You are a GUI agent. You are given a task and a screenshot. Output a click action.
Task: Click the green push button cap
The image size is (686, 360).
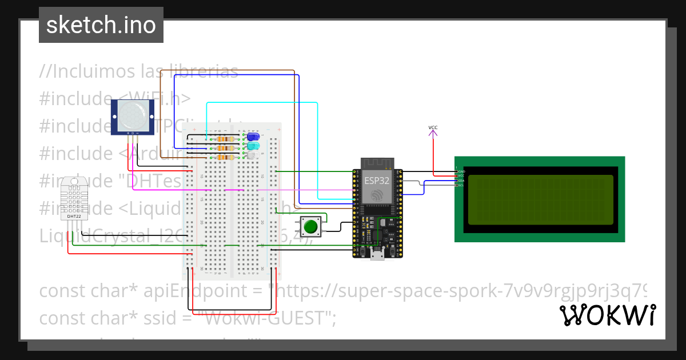point(310,226)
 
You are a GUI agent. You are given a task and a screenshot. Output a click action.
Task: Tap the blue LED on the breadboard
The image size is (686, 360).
point(252,138)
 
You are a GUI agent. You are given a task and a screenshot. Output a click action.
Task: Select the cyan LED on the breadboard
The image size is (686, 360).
point(252,146)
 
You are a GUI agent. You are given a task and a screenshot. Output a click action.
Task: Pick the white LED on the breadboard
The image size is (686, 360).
point(252,155)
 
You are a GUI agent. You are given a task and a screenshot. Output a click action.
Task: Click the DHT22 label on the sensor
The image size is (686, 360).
point(74,217)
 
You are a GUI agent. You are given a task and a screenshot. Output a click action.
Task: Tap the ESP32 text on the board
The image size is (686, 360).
point(377,180)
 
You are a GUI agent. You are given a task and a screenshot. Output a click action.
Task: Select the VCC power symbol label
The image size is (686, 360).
point(433,127)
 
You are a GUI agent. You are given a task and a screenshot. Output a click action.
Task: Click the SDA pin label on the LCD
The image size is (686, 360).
point(460,181)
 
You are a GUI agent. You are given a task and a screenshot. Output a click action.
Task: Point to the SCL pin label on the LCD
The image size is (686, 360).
point(460,185)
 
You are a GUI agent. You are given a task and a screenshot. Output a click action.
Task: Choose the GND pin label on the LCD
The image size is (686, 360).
point(460,171)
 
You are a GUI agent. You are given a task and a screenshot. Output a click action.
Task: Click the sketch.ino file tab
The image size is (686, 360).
point(101,25)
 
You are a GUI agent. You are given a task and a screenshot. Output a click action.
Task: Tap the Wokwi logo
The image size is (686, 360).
point(607,315)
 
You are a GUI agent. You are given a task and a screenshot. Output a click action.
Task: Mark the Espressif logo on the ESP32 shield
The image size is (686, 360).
point(377,195)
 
